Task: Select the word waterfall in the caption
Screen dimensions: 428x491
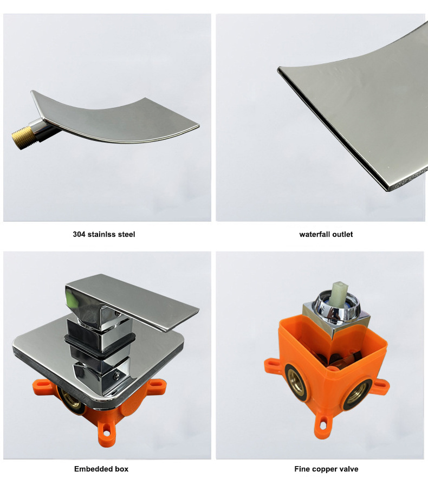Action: click(314, 234)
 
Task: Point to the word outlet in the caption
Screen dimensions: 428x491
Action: click(342, 234)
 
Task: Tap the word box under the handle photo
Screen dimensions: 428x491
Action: click(120, 469)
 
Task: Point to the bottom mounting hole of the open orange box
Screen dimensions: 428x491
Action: click(323, 425)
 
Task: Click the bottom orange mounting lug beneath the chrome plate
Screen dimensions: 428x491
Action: click(106, 432)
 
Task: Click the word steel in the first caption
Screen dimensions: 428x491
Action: click(126, 234)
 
